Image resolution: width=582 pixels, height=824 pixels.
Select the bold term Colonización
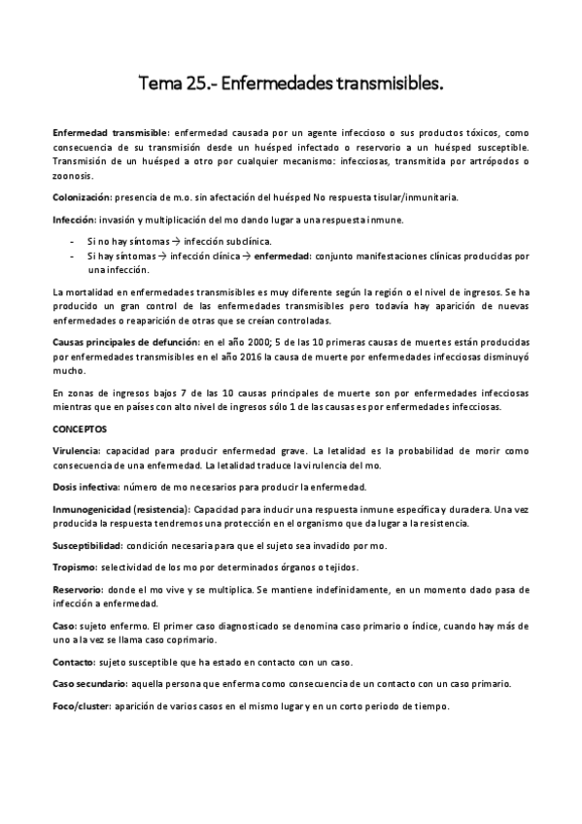[82, 197]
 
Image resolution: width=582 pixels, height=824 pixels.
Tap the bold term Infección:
[77, 219]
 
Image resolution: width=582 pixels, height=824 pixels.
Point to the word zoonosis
[73, 176]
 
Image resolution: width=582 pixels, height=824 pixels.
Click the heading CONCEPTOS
[80, 429]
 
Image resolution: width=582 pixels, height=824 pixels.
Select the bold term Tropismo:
[76, 566]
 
